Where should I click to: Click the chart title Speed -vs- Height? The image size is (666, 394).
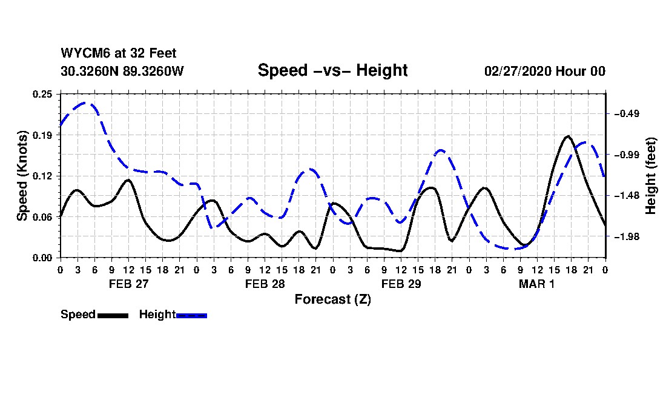click(332, 70)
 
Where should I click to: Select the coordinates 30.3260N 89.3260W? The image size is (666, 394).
click(122, 71)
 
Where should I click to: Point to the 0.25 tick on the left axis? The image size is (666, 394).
click(44, 94)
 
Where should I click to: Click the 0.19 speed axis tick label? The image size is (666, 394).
click(44, 135)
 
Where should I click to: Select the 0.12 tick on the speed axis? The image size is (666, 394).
click(44, 176)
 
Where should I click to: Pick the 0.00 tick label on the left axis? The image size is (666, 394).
click(44, 258)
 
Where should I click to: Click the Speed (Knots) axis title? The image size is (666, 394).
click(22, 176)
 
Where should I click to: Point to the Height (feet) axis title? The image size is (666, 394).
click(651, 176)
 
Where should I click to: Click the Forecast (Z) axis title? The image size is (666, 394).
click(332, 299)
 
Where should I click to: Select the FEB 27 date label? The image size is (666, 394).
click(128, 284)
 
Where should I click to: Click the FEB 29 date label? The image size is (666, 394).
click(401, 284)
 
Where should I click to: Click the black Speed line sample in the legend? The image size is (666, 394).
click(113, 315)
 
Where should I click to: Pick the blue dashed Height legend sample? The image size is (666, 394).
click(191, 315)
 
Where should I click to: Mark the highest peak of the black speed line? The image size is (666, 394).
click(567, 136)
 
